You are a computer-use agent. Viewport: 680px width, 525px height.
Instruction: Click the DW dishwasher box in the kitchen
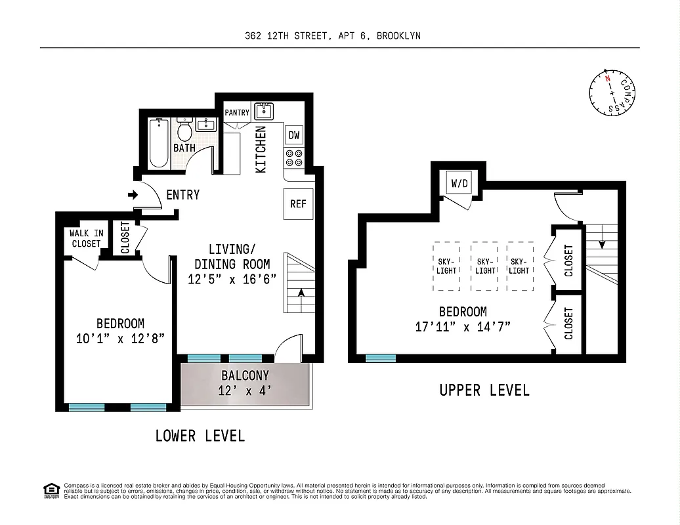pyautogui.click(x=294, y=136)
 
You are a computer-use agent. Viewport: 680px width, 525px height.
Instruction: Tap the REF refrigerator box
pyautogui.click(x=298, y=203)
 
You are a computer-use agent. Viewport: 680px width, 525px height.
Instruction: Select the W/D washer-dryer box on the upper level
pyautogui.click(x=459, y=183)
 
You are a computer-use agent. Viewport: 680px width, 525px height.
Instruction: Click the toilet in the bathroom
pyautogui.click(x=184, y=130)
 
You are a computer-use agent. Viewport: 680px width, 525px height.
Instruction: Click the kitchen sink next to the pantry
pyautogui.click(x=264, y=110)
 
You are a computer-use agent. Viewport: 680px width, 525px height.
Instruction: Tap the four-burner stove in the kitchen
pyautogui.click(x=294, y=158)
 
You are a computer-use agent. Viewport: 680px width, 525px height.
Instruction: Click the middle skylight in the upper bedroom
pyautogui.click(x=485, y=266)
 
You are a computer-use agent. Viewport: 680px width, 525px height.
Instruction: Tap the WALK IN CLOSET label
pyautogui.click(x=85, y=238)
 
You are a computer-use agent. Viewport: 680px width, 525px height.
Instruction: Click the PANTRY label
pyautogui.click(x=237, y=113)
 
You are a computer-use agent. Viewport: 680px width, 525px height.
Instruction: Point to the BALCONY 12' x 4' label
pyautogui.click(x=245, y=383)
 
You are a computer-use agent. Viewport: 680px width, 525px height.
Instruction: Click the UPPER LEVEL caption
pyautogui.click(x=484, y=390)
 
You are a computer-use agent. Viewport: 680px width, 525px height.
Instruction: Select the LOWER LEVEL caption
pyautogui.click(x=200, y=436)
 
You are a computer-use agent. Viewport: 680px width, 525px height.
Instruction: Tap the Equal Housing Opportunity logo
pyautogui.click(x=51, y=490)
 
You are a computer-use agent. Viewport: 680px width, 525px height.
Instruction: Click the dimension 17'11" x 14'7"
pyautogui.click(x=463, y=326)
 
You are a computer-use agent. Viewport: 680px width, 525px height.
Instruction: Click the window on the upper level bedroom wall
pyautogui.click(x=381, y=358)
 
